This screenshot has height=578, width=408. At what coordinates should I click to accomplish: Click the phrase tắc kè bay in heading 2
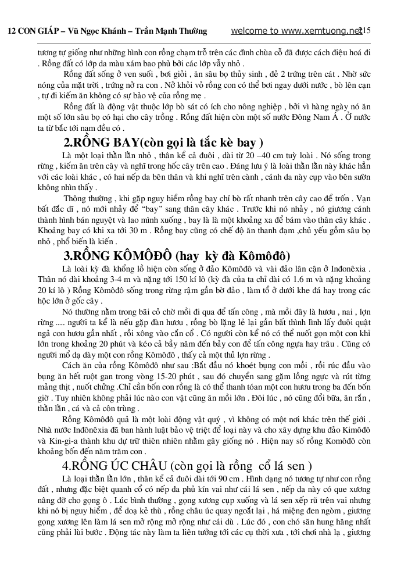tap(229, 143)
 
